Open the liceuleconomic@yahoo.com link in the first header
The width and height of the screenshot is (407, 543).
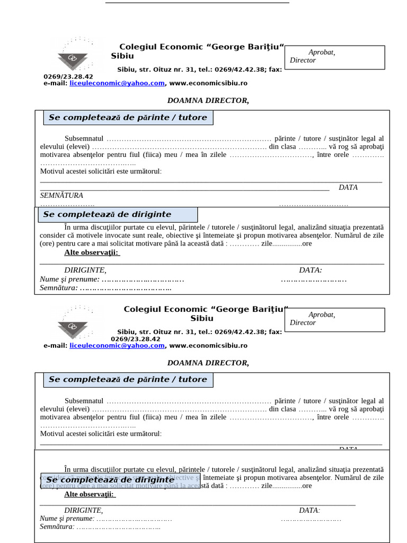117,83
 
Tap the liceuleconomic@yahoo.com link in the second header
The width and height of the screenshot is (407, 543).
117,346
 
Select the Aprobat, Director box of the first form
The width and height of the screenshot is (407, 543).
335,57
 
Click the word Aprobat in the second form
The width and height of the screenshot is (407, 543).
321,314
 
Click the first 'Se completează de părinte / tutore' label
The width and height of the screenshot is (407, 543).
128,118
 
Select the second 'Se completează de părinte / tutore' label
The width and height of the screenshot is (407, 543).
128,380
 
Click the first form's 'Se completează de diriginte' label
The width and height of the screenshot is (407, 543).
107,215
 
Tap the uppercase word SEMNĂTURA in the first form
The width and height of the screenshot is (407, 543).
61,196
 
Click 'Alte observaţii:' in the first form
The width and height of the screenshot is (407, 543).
92,252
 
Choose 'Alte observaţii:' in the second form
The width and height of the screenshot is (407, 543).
89,494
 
